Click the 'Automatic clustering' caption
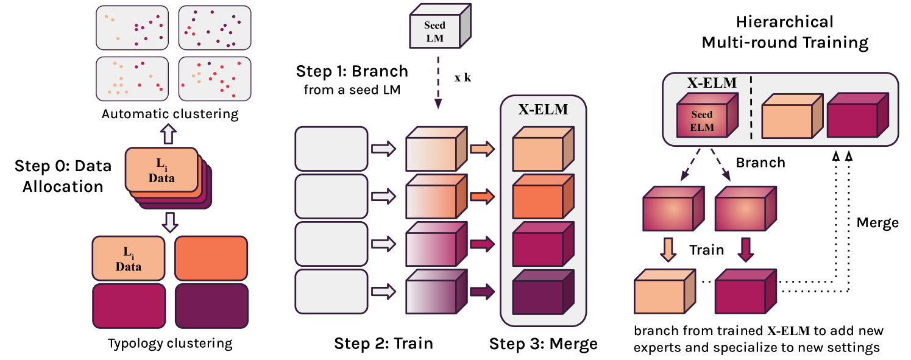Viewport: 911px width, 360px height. [x=170, y=114]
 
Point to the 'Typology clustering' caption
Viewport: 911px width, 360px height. [x=170, y=344]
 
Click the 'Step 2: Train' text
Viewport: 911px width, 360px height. [x=383, y=344]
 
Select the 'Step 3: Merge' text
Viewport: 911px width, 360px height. [x=544, y=344]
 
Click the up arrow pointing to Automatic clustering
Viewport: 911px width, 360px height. [x=170, y=133]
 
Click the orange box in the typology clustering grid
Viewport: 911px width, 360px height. [x=211, y=258]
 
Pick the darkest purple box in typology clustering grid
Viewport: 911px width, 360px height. [x=211, y=306]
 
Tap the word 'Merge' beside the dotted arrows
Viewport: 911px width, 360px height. [x=877, y=222]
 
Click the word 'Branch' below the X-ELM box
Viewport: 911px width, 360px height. [x=760, y=163]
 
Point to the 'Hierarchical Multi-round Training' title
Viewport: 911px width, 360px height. [x=784, y=32]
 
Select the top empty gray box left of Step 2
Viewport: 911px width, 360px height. [x=331, y=148]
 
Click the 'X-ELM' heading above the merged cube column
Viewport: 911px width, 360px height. [x=542, y=110]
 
